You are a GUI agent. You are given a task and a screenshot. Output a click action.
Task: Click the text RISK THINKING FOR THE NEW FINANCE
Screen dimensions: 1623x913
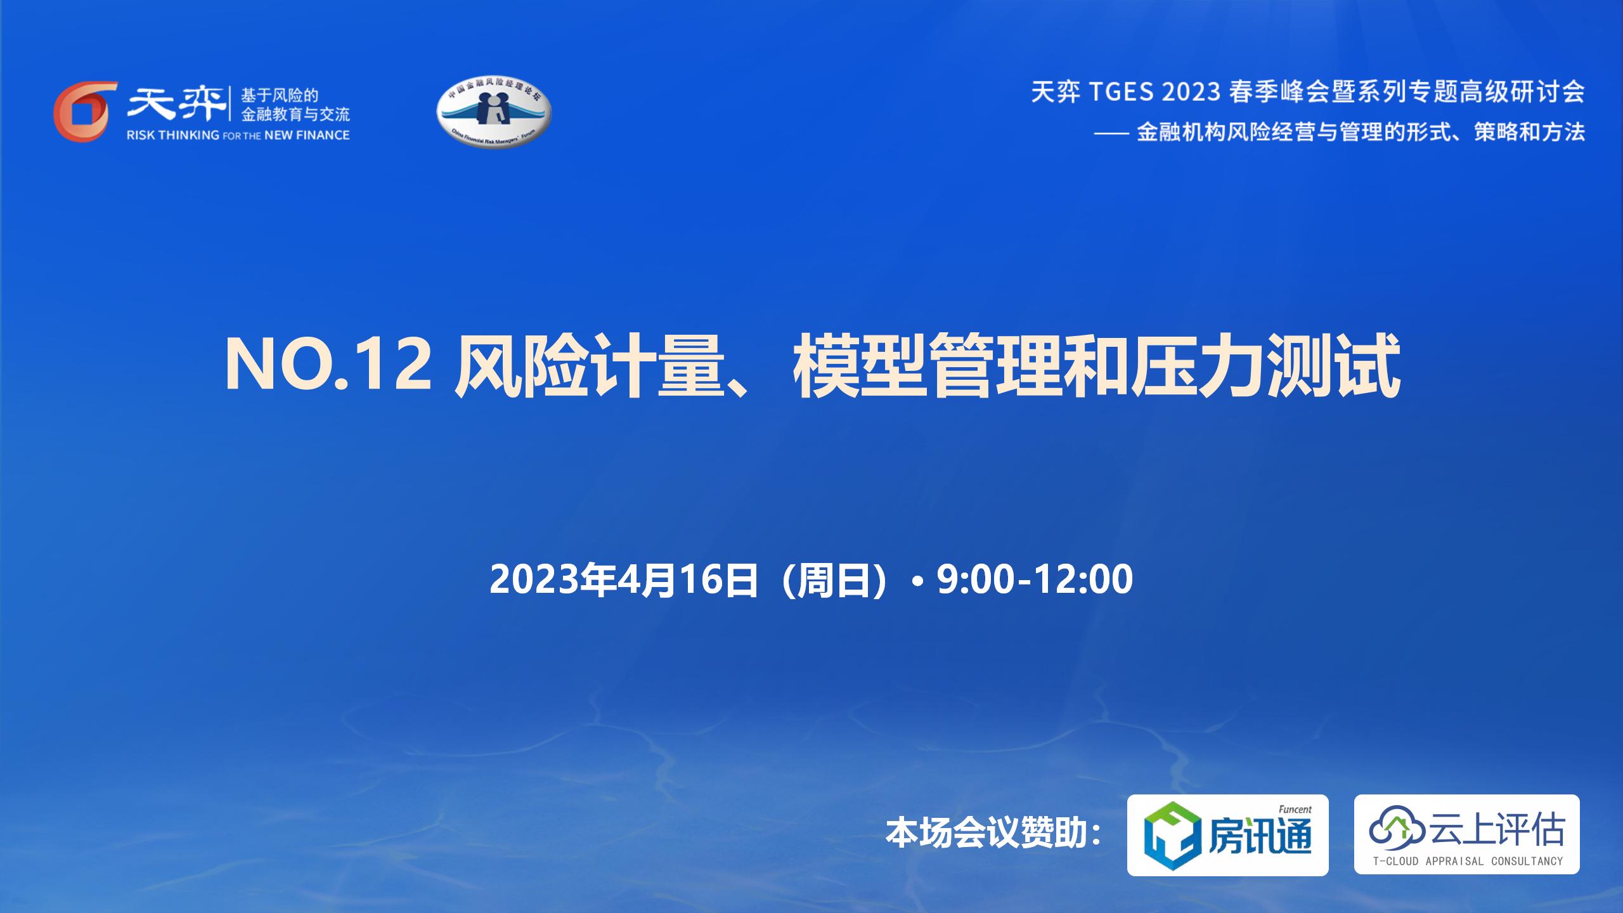pyautogui.click(x=238, y=135)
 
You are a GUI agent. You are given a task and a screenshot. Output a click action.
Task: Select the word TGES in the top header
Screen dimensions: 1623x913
pyautogui.click(x=1122, y=93)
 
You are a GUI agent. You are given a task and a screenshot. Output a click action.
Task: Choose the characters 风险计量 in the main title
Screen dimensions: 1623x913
pyautogui.click(x=590, y=366)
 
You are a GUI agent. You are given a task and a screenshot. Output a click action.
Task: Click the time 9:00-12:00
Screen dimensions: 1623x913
pyautogui.click(x=1035, y=579)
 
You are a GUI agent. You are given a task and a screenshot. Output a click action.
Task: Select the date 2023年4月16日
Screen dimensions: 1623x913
pyautogui.click(x=624, y=580)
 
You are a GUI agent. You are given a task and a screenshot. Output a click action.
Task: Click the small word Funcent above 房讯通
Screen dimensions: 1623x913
pyautogui.click(x=1295, y=810)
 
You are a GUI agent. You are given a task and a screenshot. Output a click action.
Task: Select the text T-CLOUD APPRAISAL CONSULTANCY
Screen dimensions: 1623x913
pyautogui.click(x=1468, y=861)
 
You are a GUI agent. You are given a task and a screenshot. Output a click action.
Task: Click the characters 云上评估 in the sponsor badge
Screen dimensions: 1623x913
pyautogui.click(x=1496, y=829)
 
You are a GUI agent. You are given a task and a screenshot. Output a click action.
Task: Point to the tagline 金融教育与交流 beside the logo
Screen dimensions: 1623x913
pyautogui.click(x=295, y=115)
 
